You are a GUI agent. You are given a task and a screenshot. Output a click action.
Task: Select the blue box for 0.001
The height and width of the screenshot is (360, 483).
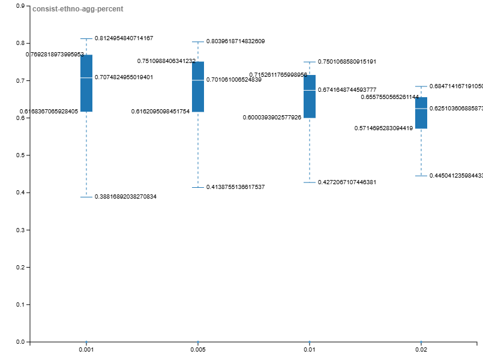(x=86, y=83)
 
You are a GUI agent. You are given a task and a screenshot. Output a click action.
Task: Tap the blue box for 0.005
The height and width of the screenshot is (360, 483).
(x=198, y=86)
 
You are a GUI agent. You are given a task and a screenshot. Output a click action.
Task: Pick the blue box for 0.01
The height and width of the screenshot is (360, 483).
(x=310, y=96)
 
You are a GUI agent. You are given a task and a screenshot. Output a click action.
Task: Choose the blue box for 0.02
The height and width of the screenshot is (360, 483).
(x=421, y=113)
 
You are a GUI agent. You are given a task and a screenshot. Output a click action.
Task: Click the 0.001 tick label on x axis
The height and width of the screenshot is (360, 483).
(x=86, y=350)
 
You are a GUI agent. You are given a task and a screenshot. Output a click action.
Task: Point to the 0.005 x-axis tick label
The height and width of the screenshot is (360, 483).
(x=198, y=350)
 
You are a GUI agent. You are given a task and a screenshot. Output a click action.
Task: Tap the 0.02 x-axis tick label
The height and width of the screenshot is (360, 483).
(x=421, y=350)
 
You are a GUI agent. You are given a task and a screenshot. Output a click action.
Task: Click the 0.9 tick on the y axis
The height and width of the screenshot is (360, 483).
(x=20, y=6)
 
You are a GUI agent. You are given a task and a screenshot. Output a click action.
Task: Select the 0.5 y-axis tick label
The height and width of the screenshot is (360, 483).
(x=20, y=155)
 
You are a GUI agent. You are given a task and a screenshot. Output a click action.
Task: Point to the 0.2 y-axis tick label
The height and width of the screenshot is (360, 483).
(x=20, y=267)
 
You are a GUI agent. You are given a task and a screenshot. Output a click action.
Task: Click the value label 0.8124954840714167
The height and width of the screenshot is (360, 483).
(x=124, y=38)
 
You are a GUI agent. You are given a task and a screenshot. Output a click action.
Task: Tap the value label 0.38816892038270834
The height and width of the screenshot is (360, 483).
(x=125, y=197)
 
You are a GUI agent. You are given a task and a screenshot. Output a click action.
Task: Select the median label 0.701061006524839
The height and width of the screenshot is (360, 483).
(x=233, y=80)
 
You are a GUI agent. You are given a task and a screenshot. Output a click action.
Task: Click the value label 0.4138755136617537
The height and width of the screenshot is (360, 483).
(x=235, y=187)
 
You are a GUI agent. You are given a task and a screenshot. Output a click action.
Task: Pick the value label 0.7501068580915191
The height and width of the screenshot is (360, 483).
(x=347, y=62)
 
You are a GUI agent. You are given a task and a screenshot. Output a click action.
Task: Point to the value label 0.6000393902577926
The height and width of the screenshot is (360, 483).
(x=272, y=118)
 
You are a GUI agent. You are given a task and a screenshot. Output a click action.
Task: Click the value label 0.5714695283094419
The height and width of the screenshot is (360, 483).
(x=383, y=128)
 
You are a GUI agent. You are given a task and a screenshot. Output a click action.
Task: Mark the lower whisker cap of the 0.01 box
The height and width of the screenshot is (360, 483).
(x=310, y=182)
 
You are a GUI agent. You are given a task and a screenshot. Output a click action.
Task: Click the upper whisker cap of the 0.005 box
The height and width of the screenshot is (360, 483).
(x=198, y=42)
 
